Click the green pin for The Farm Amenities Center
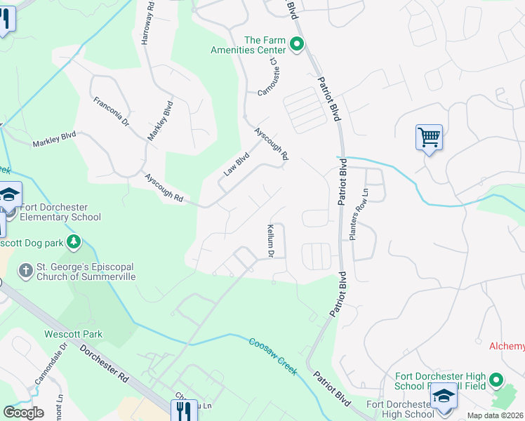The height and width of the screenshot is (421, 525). pos(297,46)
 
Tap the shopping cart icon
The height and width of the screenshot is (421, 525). pos(428,136)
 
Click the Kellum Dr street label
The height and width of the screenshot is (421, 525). pos(270,240)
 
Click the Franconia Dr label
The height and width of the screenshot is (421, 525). pos(112,112)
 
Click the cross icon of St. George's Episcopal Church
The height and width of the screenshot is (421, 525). pos(25,269)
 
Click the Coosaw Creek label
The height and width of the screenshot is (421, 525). pos(274,356)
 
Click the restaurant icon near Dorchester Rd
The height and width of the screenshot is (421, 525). pos(182,409)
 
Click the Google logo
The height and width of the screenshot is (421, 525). pos(24,413)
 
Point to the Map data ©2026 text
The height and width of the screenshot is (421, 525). pos(496,415)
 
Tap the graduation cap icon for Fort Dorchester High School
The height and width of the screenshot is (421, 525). pos(444,398)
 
